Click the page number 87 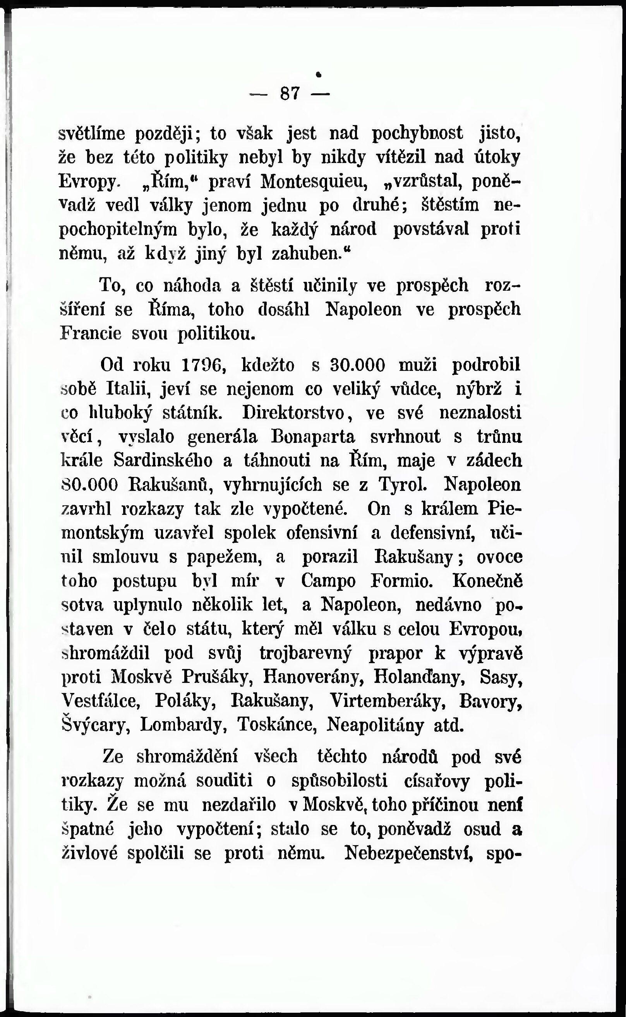tap(290, 94)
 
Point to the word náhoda tap(192, 286)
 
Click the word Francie tap(91, 334)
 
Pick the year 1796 tap(203, 365)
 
